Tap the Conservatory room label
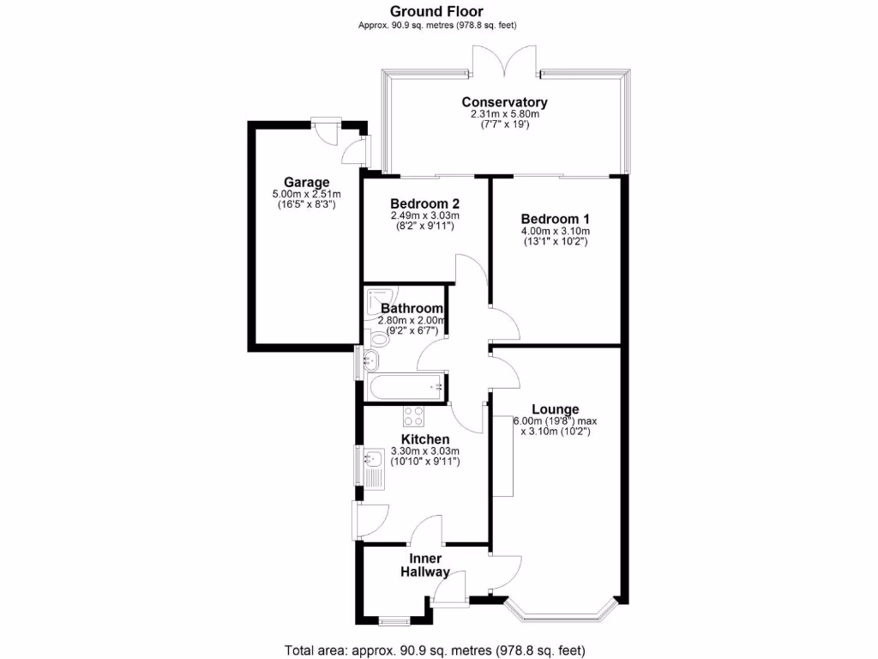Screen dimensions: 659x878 (x=504, y=102)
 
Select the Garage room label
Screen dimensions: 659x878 (x=307, y=182)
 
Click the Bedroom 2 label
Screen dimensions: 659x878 (x=424, y=203)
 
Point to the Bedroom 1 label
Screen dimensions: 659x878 (x=555, y=219)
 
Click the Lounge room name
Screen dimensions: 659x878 (x=555, y=409)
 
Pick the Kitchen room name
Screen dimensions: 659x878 (x=425, y=438)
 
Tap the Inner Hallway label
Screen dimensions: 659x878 (x=425, y=565)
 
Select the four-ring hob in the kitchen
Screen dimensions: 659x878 (x=414, y=416)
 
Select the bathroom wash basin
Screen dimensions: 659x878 (x=373, y=359)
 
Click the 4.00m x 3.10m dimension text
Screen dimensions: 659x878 (x=555, y=231)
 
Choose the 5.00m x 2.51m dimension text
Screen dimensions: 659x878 (x=307, y=194)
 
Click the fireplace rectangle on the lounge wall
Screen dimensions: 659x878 (x=502, y=456)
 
